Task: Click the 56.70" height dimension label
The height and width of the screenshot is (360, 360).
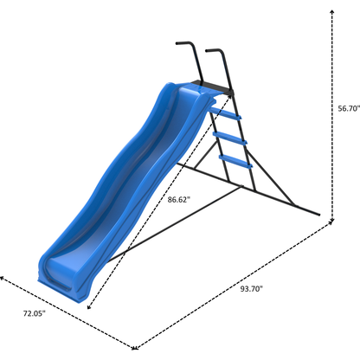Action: point(348,108)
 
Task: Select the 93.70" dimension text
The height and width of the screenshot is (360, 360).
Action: point(251,288)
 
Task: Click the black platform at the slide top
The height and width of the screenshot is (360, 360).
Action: point(210,86)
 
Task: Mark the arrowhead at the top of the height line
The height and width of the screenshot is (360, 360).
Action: point(332,10)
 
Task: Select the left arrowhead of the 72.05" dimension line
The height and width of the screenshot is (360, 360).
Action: point(4,279)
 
